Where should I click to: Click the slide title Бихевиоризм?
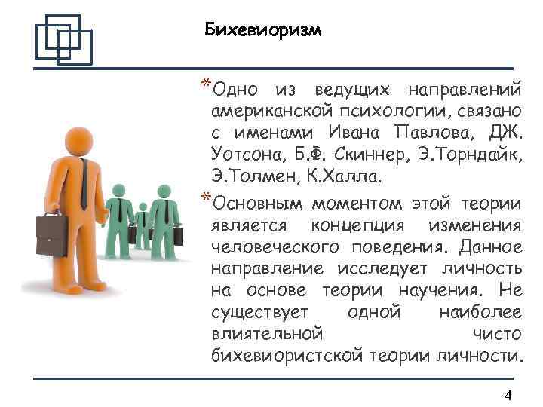(x=262, y=30)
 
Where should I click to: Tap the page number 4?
(x=508, y=396)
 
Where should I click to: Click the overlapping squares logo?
(x=63, y=38)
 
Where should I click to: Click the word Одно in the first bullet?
(x=238, y=90)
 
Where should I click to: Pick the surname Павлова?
(x=437, y=133)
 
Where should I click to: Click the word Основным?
(x=256, y=203)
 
